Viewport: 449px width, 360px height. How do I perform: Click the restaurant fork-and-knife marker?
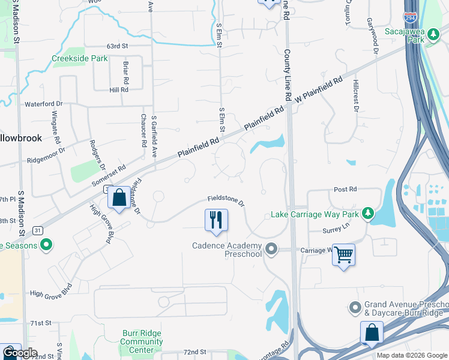tap(216, 220)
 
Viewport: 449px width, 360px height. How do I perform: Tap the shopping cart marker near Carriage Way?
tap(343, 255)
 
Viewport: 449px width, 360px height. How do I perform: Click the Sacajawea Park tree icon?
tap(432, 38)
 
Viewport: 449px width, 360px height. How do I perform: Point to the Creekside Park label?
tap(79, 59)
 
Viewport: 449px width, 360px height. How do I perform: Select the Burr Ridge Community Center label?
tap(142, 337)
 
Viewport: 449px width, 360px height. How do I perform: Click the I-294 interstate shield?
tap(411, 18)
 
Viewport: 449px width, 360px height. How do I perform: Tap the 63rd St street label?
tap(118, 46)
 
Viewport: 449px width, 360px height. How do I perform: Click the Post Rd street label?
tap(345, 189)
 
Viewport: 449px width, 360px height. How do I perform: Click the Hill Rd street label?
tap(119, 89)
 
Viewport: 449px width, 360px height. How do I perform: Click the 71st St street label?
tap(41, 323)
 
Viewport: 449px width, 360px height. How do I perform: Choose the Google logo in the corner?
tap(20, 353)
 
